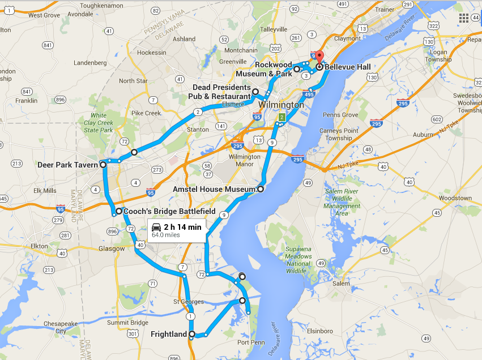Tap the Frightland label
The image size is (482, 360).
click(169, 334)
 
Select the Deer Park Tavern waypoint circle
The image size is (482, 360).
click(103, 165)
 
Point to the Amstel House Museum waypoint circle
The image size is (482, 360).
click(261, 189)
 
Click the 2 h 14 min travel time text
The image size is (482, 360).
click(182, 228)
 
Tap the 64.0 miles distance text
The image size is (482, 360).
click(166, 236)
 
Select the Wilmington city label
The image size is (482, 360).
click(281, 105)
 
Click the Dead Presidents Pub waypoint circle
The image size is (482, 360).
click(255, 92)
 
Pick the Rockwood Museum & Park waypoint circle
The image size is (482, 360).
click(297, 69)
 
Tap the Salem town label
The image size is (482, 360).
click(342, 284)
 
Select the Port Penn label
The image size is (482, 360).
click(250, 342)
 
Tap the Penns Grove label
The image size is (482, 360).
click(340, 115)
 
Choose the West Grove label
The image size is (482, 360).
click(43, 15)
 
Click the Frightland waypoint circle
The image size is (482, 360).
click(192, 334)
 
